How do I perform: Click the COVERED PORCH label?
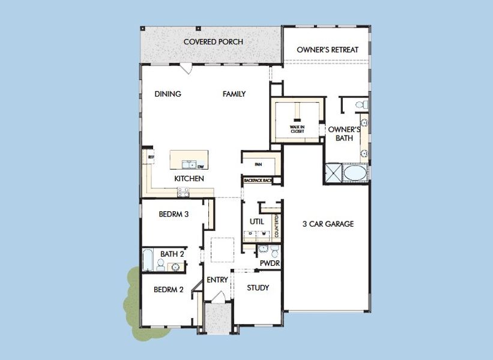(x=213, y=42)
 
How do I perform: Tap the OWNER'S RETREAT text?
(x=327, y=50)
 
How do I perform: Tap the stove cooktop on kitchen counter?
(x=183, y=191)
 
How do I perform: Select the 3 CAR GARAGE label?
(x=327, y=224)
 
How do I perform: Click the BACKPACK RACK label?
(x=258, y=180)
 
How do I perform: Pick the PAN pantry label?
(x=258, y=163)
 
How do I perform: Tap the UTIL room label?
(x=256, y=221)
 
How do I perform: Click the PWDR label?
(x=270, y=263)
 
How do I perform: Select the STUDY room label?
(x=258, y=288)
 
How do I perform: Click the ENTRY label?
(x=217, y=280)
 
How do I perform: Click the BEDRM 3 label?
(x=174, y=213)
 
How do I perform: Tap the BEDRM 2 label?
(x=168, y=289)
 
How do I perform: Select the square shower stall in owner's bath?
(x=332, y=173)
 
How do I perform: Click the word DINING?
(x=168, y=94)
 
